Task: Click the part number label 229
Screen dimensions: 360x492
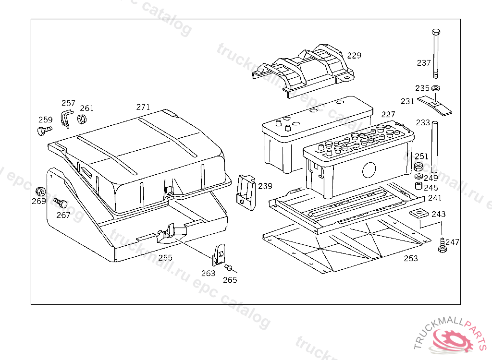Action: pos(354,56)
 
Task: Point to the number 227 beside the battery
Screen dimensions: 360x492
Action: pos(388,114)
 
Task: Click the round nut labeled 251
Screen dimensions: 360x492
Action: pos(418,168)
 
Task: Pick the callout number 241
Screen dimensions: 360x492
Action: pos(434,198)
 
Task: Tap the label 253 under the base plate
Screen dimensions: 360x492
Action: pos(411,258)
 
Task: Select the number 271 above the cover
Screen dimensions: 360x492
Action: pos(143,107)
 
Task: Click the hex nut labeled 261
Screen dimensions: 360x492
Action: pos(82,119)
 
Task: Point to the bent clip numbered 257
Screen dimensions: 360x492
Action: pos(65,117)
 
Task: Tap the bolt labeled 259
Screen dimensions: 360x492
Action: pos(43,130)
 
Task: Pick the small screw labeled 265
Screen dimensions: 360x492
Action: pos(229,268)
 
